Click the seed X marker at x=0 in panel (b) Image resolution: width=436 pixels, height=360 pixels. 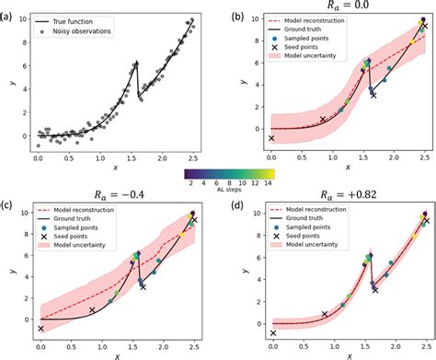pyautogui.click(x=271, y=138)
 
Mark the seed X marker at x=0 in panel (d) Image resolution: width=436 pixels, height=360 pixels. pyautogui.click(x=272, y=333)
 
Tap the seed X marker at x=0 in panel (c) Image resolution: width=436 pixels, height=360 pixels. pyautogui.click(x=40, y=329)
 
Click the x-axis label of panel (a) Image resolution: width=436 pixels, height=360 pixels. pyautogui.click(x=115, y=168)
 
